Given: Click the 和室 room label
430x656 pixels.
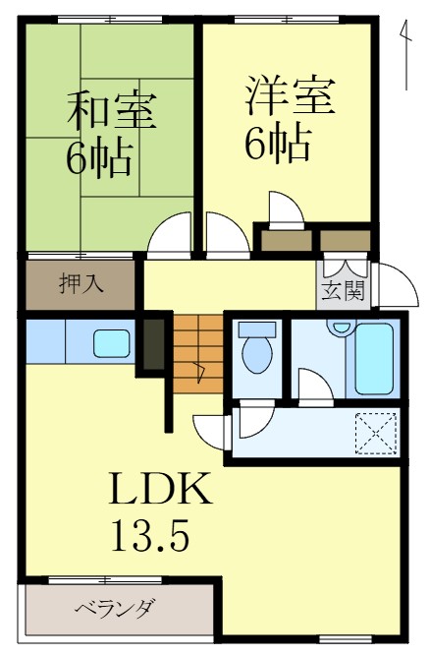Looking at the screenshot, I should pos(110,110).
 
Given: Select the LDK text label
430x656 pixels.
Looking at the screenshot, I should pos(159,489).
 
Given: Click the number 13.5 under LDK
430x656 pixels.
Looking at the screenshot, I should pos(147,535).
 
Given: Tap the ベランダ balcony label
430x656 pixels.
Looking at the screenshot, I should pos(114,610).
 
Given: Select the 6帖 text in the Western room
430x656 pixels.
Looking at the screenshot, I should pos(277,144).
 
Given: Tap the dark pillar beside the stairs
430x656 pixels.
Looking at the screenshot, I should pos(154,340).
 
